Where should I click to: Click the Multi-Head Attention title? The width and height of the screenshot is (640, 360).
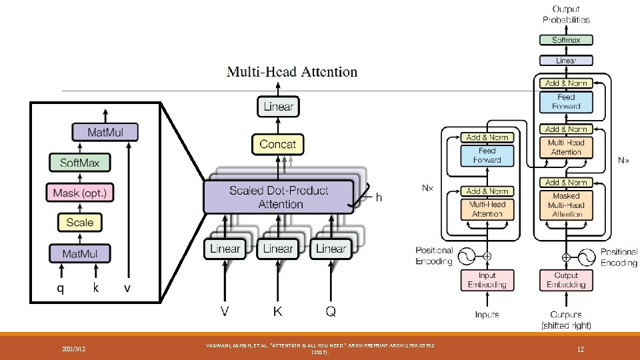point(292,71)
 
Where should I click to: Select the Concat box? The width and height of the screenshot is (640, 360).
point(277,144)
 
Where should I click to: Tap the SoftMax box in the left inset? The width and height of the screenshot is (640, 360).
point(80,162)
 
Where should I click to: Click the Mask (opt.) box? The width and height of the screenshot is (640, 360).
point(80,193)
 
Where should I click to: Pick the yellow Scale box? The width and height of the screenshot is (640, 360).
point(80,223)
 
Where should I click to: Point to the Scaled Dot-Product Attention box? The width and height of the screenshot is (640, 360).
point(278,197)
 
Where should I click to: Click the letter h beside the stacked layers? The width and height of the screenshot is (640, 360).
point(379,197)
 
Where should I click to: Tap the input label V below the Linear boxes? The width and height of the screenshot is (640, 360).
point(226,311)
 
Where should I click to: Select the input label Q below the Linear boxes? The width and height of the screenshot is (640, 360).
point(331,311)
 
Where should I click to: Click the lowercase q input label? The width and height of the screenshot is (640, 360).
point(61,288)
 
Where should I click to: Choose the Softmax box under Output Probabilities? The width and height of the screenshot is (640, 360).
point(566,40)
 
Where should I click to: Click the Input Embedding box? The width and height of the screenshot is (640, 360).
point(487,280)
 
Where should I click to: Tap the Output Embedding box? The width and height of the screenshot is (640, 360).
point(566,280)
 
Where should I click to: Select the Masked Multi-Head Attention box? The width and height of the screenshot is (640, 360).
point(566,205)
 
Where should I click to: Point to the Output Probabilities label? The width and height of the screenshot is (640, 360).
point(566,15)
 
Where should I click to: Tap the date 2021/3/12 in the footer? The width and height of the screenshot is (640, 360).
point(73,349)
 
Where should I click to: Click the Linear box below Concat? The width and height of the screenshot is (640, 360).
point(278,107)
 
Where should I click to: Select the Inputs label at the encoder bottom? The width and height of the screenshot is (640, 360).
point(487,314)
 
